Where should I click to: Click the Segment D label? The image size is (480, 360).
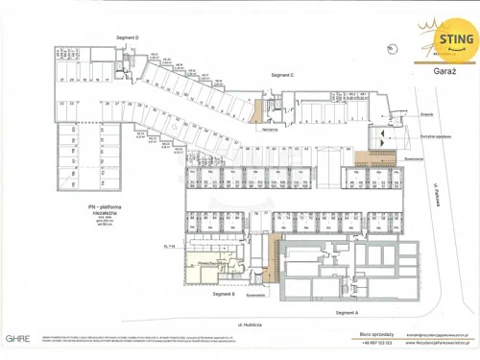pyautogui.click(x=128, y=37)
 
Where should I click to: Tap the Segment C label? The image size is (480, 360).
pyautogui.click(x=281, y=74)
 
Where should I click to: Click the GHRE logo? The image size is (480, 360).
pyautogui.click(x=17, y=338)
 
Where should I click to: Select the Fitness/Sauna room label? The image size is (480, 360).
pyautogui.click(x=211, y=261)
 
